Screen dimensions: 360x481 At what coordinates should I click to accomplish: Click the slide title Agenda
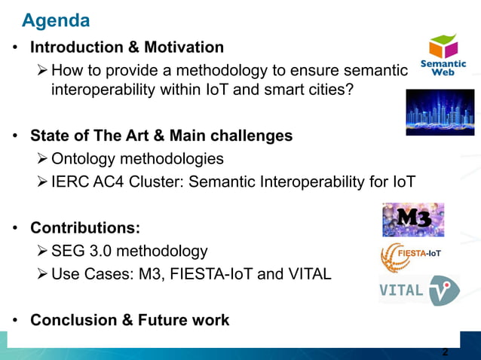tap(56, 19)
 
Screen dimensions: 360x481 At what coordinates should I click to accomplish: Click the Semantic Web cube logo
tap(443, 55)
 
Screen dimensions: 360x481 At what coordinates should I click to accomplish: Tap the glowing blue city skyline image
tap(440, 112)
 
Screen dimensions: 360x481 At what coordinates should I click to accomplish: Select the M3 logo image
tap(412, 219)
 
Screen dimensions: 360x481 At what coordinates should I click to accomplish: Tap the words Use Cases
tap(87, 273)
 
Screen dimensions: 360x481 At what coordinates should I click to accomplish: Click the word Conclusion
tap(72, 320)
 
